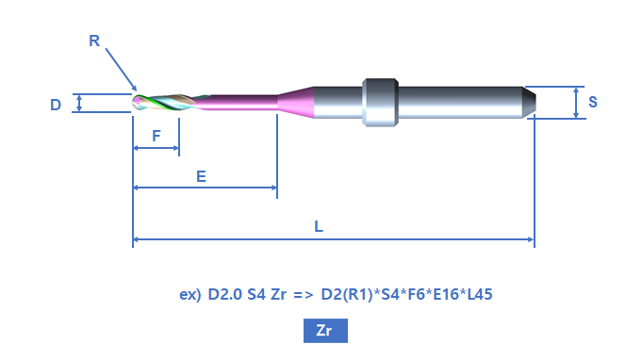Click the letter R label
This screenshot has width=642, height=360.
(94, 41)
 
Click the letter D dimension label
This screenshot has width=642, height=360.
(56, 105)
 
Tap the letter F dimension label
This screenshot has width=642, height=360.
(156, 136)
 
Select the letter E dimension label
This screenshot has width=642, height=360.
(201, 176)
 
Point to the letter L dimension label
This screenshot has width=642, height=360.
(319, 226)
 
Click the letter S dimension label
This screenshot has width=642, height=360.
(592, 102)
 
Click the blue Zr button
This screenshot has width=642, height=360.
(325, 331)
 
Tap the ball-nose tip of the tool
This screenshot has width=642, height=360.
(136, 103)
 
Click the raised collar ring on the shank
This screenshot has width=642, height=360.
(380, 103)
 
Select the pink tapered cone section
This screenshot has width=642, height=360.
(296, 103)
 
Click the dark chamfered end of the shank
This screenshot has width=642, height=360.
(530, 103)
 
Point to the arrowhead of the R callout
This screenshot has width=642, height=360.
(134, 89)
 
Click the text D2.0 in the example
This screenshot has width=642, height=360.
(224, 294)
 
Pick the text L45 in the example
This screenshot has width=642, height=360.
(480, 294)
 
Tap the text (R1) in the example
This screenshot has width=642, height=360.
(357, 294)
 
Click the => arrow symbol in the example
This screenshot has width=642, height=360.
(304, 295)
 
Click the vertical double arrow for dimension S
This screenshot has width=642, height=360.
(576, 103)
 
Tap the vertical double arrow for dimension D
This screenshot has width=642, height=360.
(79, 103)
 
